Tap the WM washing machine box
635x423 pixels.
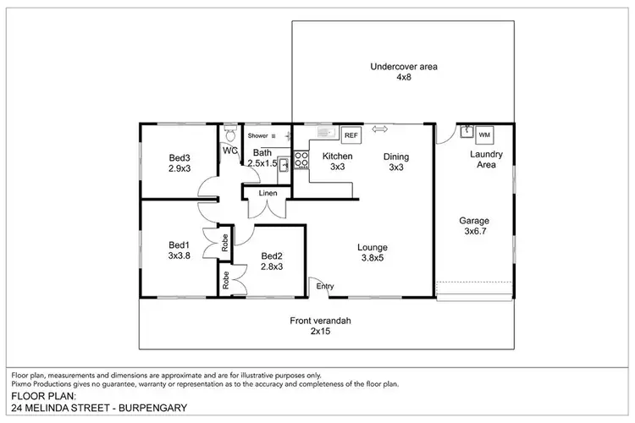coord(484,135)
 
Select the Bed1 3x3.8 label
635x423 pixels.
coord(179,250)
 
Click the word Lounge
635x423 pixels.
coord(372,248)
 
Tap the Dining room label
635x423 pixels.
coord(396,157)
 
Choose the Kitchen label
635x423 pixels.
coord(337,157)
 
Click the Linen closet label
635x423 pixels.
coord(268,194)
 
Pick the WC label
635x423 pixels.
coord(229,151)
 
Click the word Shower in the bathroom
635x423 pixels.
coord(257,135)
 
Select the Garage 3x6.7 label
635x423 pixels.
coord(474,225)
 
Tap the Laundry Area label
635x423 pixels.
coord(487,159)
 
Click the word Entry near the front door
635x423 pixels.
coord(325,286)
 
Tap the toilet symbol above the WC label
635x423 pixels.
coord(229,135)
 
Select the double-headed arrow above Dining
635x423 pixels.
coord(379,129)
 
